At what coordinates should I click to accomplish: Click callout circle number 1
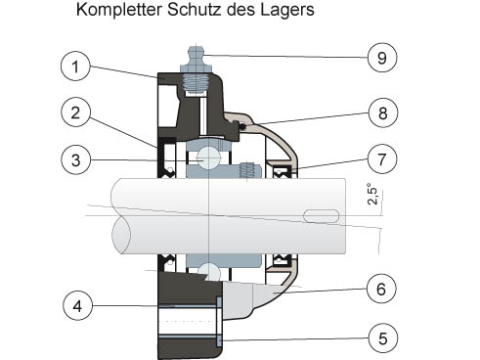(75, 67)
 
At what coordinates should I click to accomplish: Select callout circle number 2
(75, 112)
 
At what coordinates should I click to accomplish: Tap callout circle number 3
(75, 160)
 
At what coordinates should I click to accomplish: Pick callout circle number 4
(77, 306)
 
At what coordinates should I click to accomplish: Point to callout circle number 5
(383, 338)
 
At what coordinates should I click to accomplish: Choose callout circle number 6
(381, 289)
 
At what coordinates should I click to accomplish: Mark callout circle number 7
(382, 159)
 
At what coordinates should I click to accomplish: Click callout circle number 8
(383, 112)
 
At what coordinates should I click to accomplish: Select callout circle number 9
(382, 58)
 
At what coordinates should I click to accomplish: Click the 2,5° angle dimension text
(372, 194)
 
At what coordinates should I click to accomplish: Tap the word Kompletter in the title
(119, 10)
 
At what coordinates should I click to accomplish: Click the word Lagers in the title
(287, 10)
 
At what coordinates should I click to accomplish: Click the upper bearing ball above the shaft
(209, 157)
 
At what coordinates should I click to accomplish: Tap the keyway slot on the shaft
(321, 216)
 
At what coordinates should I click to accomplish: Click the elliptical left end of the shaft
(121, 234)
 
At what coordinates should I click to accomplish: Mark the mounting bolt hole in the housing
(188, 322)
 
